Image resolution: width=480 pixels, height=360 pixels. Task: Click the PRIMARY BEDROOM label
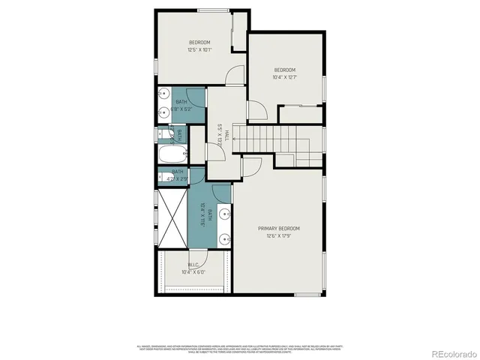279,228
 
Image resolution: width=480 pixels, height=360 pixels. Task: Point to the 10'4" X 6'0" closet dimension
193,272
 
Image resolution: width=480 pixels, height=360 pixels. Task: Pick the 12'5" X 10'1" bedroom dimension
199,50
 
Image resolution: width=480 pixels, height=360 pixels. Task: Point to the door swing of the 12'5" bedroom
237,75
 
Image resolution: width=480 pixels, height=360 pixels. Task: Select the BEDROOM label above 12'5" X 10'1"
199,42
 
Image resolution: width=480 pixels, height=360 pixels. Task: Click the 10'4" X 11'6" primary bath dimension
202,215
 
